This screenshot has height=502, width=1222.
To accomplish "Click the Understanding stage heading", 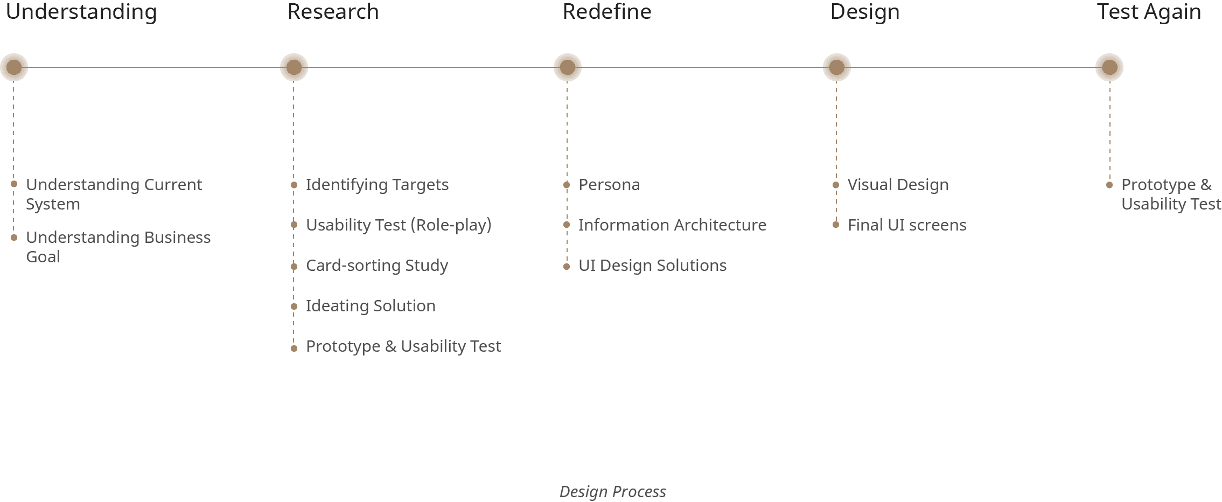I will tap(81, 12).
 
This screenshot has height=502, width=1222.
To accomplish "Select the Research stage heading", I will tap(333, 12).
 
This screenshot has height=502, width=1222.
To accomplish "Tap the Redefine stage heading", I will tap(606, 12).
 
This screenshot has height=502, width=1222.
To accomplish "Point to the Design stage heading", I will tap(864, 12).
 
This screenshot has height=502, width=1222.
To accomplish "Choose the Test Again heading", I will tap(1149, 12).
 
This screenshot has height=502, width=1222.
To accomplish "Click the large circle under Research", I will tap(294, 67).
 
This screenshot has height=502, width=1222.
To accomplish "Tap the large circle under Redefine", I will tap(568, 67).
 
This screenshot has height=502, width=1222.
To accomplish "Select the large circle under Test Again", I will tap(1109, 67).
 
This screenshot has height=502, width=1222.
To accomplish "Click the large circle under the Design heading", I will tap(836, 67).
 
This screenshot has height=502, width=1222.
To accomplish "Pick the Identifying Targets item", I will tap(377, 185).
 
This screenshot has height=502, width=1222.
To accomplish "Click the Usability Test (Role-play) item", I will tap(399, 225).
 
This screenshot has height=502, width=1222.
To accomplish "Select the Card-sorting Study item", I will tap(376, 266).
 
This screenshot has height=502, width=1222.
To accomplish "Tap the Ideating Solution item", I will tap(371, 306).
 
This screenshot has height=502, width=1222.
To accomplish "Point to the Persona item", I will tap(609, 185).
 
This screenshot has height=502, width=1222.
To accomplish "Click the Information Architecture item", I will tap(672, 225).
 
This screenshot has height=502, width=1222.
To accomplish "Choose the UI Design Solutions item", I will tap(652, 266).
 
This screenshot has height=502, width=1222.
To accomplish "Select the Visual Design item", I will tap(898, 185).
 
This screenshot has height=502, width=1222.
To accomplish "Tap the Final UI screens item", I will tap(907, 225).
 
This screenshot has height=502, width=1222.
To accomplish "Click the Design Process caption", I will tap(612, 492).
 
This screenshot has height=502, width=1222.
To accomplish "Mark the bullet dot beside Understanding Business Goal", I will tap(14, 238).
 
